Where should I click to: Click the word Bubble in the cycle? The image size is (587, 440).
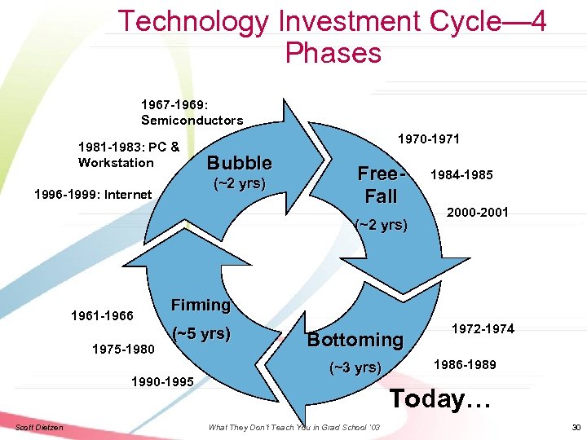239,161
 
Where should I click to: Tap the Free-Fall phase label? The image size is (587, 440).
382,185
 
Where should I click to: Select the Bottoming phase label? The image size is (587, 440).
355,340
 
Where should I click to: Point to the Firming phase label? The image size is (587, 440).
201,305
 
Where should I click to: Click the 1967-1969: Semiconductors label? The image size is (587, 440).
192,112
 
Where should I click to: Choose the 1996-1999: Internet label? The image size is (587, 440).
92,194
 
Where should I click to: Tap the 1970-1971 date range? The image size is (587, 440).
427,139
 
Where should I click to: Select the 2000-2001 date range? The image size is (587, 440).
479,212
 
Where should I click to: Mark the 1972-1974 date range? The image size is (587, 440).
484,329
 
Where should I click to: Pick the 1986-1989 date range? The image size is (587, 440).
465,364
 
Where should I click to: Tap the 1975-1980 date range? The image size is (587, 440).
122,349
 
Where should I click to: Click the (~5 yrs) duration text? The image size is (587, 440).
201,333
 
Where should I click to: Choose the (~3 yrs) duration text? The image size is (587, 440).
354,367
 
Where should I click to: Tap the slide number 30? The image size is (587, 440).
576,428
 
